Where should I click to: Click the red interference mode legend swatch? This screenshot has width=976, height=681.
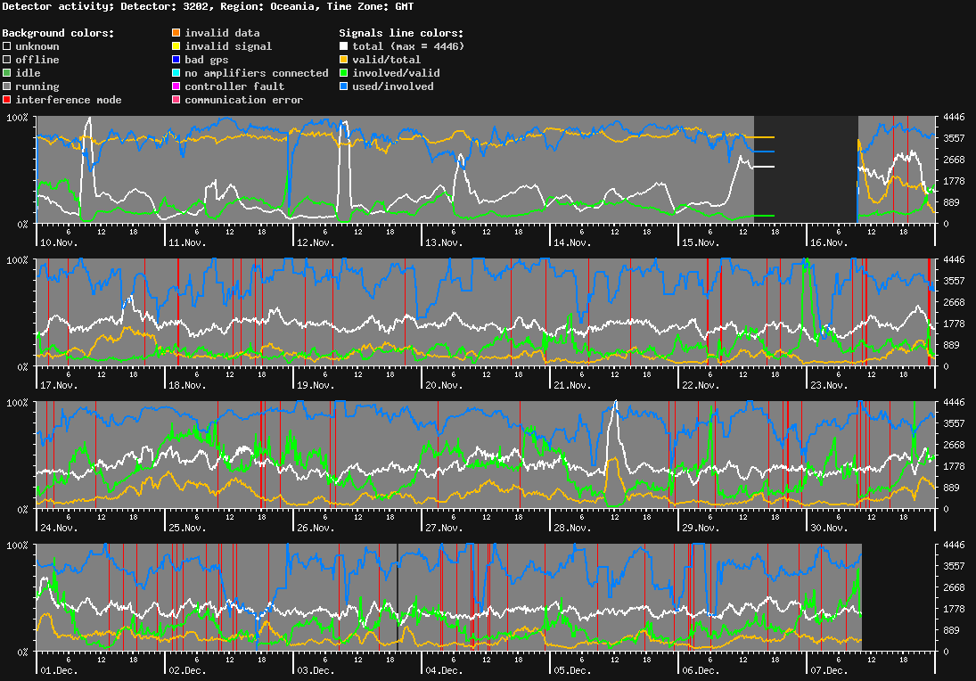tap(7, 100)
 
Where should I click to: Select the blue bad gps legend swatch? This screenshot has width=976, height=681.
tap(176, 60)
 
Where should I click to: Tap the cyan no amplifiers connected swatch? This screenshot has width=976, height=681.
tap(176, 73)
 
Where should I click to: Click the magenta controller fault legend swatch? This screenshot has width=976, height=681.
tap(176, 86)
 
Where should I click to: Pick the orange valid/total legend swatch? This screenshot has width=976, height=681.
tap(344, 60)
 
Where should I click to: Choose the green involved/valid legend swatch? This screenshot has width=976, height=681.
tap(344, 73)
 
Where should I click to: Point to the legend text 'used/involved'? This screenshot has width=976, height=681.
tap(393, 86)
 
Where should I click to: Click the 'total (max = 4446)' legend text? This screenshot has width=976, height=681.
tap(408, 46)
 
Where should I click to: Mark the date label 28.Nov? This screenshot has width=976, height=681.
tap(572, 528)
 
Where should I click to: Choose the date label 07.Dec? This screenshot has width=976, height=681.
tap(829, 670)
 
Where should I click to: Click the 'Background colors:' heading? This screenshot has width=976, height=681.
tap(58, 33)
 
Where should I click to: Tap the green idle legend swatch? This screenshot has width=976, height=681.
tap(7, 73)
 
